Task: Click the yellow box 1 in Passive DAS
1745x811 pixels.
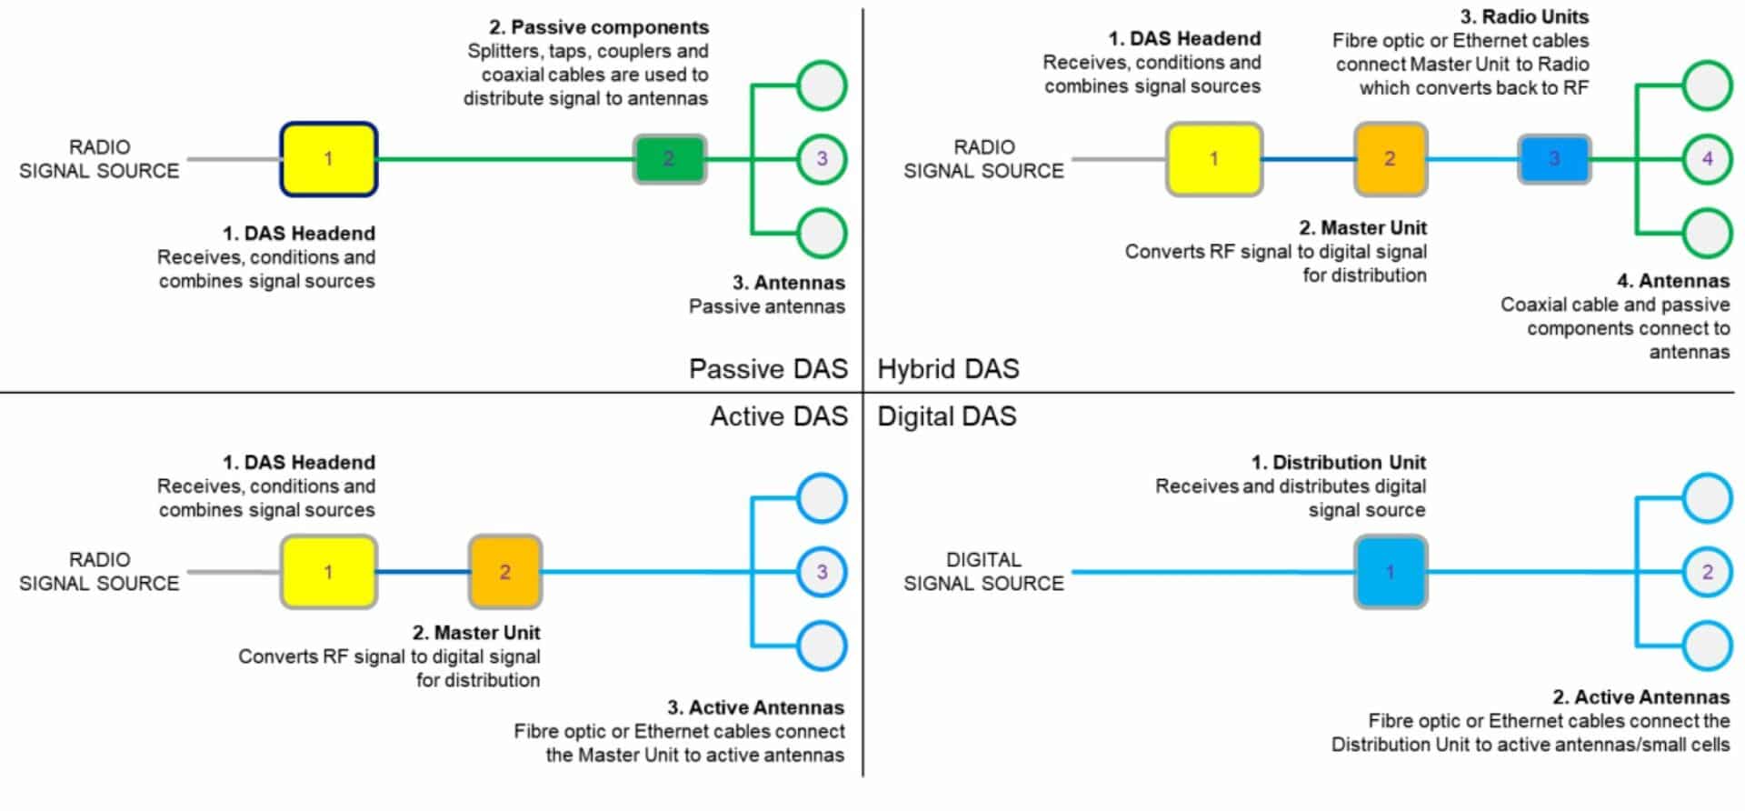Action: coord(328,159)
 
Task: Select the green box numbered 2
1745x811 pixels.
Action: coord(669,159)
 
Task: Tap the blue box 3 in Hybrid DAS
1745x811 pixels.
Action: coord(1553,159)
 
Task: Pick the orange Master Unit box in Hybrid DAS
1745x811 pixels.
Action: coord(1390,159)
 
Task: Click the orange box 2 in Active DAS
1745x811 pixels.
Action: coord(505,572)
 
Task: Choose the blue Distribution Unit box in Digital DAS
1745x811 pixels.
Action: coord(1390,572)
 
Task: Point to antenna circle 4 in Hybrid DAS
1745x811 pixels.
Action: coord(1707,159)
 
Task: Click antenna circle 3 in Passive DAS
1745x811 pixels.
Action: coord(822,159)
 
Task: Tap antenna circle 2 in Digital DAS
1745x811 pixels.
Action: coord(1707,572)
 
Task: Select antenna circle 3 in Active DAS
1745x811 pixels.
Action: coord(822,572)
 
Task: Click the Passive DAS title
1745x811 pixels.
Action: coord(768,369)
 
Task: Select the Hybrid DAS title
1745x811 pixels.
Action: coord(948,369)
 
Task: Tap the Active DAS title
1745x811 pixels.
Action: coord(779,416)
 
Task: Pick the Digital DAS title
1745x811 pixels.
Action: coord(946,416)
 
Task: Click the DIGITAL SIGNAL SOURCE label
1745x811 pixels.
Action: coord(983,572)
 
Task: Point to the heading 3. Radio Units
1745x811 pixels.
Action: coord(1524,17)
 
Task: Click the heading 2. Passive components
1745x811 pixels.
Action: coord(599,27)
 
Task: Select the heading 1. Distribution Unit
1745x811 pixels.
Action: coord(1338,463)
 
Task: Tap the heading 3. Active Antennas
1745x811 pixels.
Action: coord(755,708)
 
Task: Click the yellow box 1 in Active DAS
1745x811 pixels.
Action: coord(328,572)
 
